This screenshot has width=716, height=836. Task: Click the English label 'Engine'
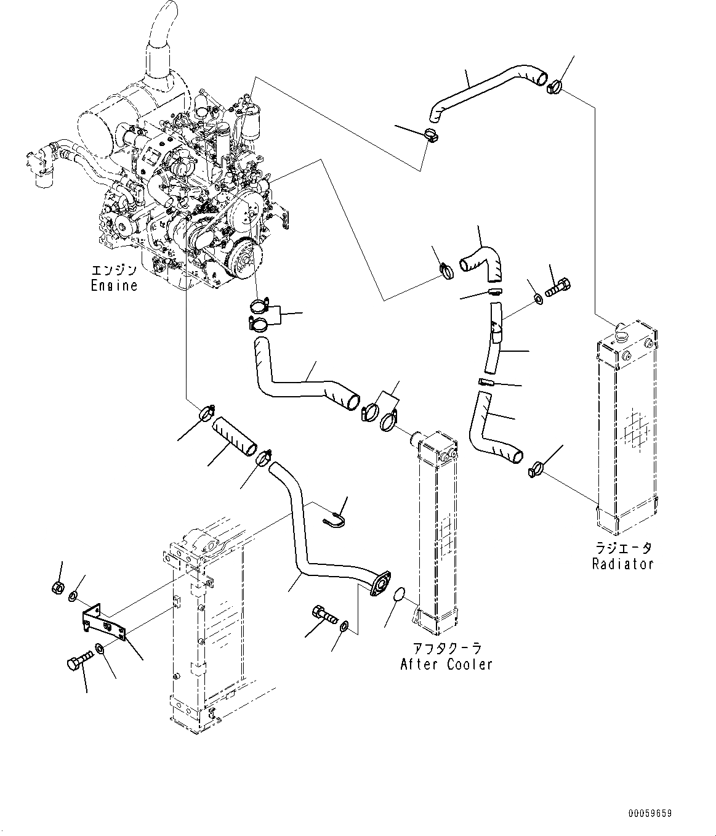coord(114,285)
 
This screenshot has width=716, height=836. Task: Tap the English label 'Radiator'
coord(622,563)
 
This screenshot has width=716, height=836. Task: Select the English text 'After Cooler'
coord(446,664)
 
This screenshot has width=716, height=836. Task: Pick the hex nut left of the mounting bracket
coord(57,586)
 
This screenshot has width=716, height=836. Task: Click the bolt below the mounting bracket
coord(75,662)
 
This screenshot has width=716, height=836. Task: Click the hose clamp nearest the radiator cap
coord(553,86)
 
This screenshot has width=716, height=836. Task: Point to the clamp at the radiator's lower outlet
coord(534,469)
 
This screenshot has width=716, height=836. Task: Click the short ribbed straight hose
coord(234,437)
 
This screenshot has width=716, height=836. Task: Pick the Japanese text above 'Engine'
coord(114,270)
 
